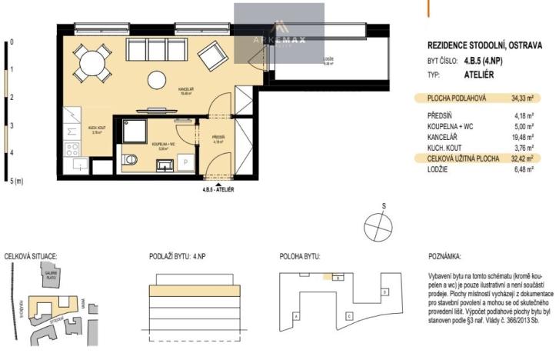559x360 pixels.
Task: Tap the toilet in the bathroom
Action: pyautogui.click(x=130, y=161)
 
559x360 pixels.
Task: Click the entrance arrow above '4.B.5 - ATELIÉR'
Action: pyautogui.click(x=220, y=185)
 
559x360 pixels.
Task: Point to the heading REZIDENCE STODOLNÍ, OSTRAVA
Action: pyautogui.click(x=487, y=45)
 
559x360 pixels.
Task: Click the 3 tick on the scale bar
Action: pyautogui.click(x=12, y=125)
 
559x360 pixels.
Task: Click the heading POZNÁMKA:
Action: pyautogui.click(x=445, y=256)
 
